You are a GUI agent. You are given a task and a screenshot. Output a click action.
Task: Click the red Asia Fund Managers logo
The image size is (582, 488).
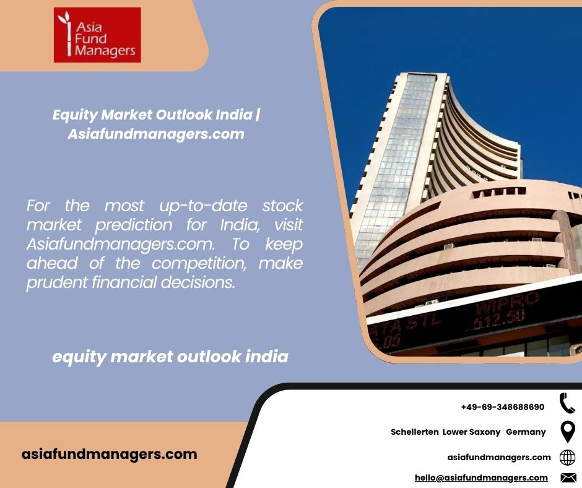point(97,35)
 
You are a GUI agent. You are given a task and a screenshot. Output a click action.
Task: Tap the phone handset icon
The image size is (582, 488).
point(567,403)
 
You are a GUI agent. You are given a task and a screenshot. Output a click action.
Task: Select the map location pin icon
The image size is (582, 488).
point(568,432)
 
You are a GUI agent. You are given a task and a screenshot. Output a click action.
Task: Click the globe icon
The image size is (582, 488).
point(567,457)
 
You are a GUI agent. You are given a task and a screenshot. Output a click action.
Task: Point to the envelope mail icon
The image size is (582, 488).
point(568,477)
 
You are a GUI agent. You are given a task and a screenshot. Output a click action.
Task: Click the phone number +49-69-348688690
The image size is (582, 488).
point(503,407)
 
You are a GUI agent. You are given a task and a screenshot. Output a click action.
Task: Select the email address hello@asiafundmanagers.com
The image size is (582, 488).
point(481,477)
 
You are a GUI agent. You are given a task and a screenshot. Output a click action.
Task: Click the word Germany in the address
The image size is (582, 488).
point(526,432)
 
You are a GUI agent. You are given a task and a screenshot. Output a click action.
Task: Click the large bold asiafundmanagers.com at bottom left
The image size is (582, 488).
point(109,455)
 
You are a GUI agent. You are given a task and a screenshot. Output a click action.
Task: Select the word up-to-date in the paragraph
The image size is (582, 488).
point(203,206)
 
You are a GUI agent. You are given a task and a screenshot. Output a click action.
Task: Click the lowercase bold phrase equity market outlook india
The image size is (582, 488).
point(170,357)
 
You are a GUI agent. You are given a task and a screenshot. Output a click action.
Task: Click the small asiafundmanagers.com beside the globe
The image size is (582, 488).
point(499,457)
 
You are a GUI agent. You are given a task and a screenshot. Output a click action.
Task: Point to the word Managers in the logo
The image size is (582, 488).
point(105,51)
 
